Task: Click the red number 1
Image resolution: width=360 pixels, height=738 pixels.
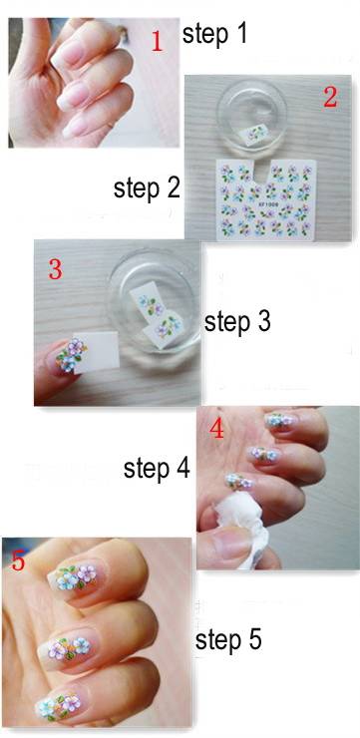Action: point(157,43)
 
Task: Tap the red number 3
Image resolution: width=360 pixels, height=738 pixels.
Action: point(55,269)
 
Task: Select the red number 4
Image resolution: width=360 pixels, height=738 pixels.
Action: point(218,431)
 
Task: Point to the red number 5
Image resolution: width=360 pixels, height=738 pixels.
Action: point(18,561)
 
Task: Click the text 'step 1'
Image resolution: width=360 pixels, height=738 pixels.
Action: point(214,35)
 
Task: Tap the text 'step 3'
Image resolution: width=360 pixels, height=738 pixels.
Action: point(237,322)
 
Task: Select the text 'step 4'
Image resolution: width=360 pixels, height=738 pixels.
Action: point(157,468)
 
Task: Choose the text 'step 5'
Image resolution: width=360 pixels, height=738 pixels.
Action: point(228,639)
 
